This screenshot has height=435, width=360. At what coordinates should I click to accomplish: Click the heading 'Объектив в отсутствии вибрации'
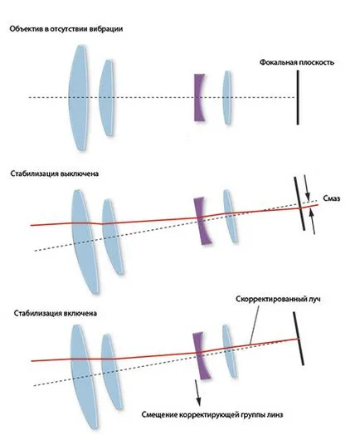pos(66,29)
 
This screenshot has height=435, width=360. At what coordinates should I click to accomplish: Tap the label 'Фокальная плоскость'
pos(296,62)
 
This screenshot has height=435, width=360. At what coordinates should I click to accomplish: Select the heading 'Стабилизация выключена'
pos(55,174)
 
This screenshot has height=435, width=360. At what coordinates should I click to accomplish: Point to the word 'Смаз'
pos(332,198)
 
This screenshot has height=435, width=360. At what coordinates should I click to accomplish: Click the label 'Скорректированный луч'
pos(278,299)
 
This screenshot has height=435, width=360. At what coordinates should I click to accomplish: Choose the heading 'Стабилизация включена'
pos(56,313)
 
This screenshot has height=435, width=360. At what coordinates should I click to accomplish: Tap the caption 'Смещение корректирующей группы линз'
pos(212,415)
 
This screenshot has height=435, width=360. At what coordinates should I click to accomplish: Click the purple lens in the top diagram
pos(199,97)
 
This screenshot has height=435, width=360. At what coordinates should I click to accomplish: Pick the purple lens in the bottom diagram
pos(202,355)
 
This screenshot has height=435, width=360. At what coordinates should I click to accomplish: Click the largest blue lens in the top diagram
pos(79,98)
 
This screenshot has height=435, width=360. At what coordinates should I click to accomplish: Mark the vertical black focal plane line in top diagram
pos(298,97)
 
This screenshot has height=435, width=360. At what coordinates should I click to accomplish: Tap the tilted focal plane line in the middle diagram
pos(299,203)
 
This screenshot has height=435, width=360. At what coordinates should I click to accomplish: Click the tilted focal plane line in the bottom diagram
pos(299,339)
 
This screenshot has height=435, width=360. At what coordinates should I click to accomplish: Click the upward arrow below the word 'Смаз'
pos(313,222)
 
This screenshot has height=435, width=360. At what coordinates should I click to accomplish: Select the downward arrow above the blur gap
pos(307,188)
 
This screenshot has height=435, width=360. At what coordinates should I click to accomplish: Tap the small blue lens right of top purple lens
pos(227,97)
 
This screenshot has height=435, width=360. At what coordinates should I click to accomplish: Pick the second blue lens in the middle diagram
pos(113,237)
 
